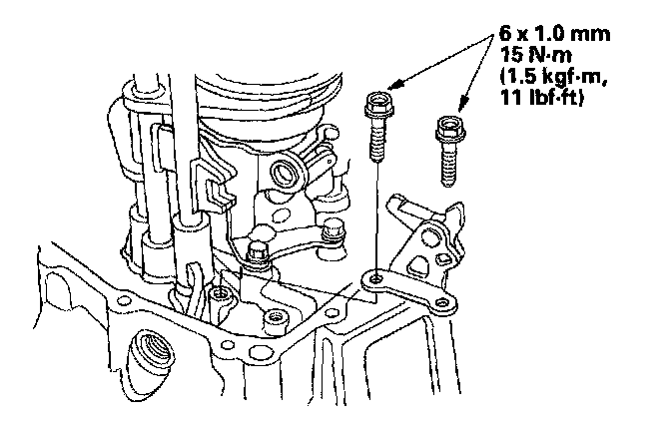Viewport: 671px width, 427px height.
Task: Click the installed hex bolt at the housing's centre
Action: (257, 255)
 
